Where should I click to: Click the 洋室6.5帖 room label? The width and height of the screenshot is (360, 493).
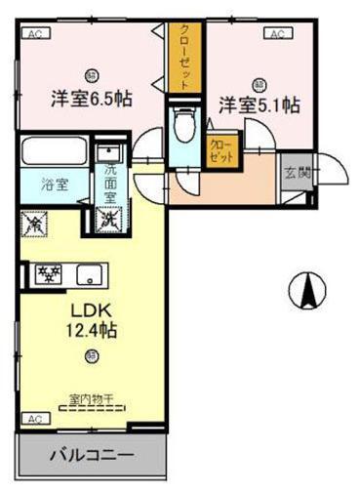coord(92,99)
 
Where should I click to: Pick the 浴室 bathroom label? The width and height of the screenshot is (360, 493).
coord(54,185)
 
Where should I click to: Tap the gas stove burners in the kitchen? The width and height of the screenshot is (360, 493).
coord(48,273)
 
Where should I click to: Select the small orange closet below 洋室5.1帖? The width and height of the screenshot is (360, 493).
coord(222,149)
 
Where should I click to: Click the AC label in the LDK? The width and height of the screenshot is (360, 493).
coord(35,418)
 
